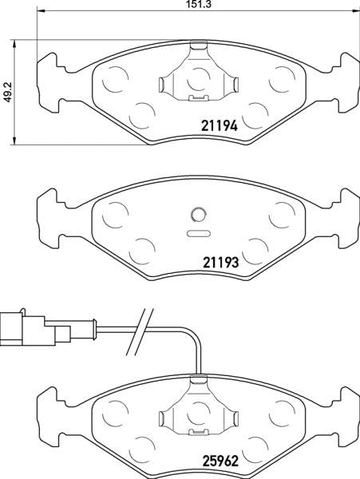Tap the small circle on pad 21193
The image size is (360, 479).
[x=197, y=214]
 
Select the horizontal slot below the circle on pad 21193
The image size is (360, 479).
[x=197, y=234]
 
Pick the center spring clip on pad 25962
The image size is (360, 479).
[x=197, y=411]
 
